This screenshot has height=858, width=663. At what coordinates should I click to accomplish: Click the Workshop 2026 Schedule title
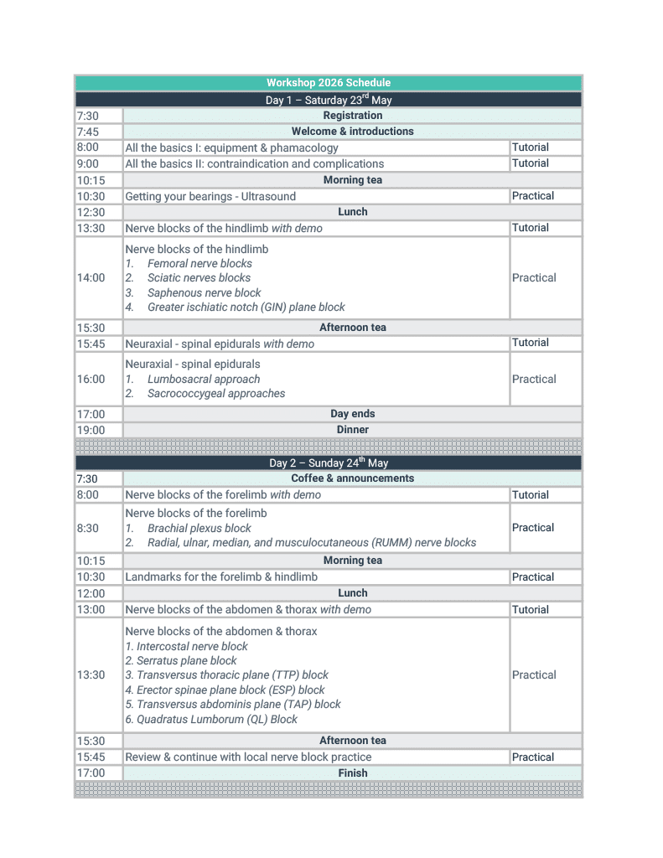pyautogui.click(x=328, y=83)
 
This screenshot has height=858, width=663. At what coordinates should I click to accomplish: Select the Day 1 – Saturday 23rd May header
pyautogui.click(x=328, y=100)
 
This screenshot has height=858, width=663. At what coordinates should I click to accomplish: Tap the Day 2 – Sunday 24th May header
pyautogui.click(x=328, y=463)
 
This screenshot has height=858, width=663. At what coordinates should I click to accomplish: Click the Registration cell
pyautogui.click(x=352, y=116)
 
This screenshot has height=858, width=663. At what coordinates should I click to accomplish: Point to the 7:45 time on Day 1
pyautogui.click(x=87, y=132)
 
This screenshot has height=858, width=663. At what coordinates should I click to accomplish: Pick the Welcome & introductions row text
pyautogui.click(x=352, y=132)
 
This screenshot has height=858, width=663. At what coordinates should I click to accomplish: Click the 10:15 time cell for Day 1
pyautogui.click(x=90, y=180)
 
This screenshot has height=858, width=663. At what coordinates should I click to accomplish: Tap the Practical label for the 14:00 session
pyautogui.click(x=534, y=278)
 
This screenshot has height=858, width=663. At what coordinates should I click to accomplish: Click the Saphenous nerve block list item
pyautogui.click(x=204, y=293)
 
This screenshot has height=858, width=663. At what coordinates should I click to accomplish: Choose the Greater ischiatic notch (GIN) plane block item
pyautogui.click(x=246, y=308)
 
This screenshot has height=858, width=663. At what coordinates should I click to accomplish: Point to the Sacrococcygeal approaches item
pyautogui.click(x=216, y=394)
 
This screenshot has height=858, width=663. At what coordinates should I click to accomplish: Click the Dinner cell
pyautogui.click(x=352, y=430)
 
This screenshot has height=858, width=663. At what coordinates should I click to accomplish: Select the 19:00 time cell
pyautogui.click(x=91, y=430)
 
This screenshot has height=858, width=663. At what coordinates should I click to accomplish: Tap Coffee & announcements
pyautogui.click(x=352, y=478)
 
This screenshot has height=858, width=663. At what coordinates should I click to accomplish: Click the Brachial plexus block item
pyautogui.click(x=199, y=529)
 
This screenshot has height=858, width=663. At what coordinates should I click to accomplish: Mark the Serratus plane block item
pyautogui.click(x=181, y=661)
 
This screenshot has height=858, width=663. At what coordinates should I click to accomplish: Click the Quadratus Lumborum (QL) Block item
pyautogui.click(x=211, y=719)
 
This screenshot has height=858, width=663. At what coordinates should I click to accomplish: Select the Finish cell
pyautogui.click(x=352, y=773)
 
